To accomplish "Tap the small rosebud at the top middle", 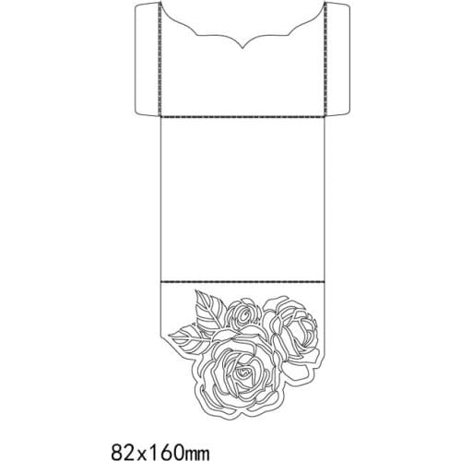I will click(x=244, y=314).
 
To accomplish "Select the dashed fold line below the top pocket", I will click(x=242, y=119).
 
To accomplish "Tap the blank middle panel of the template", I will click(x=242, y=198).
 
